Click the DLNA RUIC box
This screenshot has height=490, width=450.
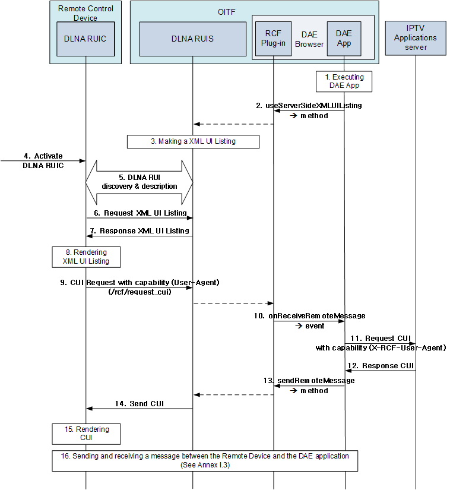[x=85, y=39]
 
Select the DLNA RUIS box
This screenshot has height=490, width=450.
[x=192, y=39]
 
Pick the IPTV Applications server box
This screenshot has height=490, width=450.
[x=416, y=37]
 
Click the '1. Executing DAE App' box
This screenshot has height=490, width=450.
[x=344, y=81]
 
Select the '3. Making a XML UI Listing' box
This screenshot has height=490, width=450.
[x=193, y=141]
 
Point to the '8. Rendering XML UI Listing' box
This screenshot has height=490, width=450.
[x=86, y=257]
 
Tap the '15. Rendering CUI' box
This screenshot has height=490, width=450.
[x=86, y=434]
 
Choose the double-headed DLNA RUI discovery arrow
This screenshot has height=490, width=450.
[x=139, y=182]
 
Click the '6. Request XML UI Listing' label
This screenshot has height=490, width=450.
[x=145, y=213]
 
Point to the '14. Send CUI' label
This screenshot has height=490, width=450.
[x=140, y=403]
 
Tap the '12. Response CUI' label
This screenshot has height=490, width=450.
[x=382, y=365]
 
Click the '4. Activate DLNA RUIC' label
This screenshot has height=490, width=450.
[x=43, y=160]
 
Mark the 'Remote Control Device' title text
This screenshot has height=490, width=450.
[x=85, y=14]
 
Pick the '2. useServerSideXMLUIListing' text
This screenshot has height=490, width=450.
[x=309, y=105]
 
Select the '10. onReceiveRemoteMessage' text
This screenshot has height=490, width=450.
[x=309, y=316]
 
